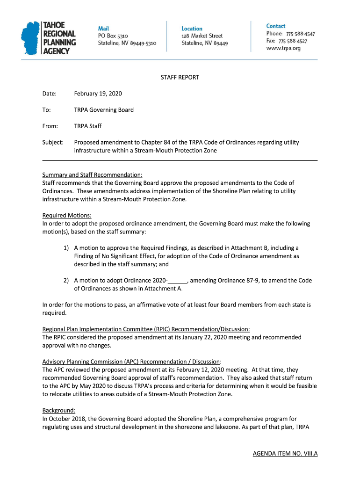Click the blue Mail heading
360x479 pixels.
pyautogui.click(x=103, y=28)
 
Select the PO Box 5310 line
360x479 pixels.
pyautogui.click(x=113, y=36)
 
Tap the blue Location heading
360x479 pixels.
pyautogui.click(x=192, y=29)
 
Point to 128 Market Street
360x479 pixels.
pyautogui.click(x=202, y=36)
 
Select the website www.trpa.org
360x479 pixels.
pyautogui.click(x=283, y=48)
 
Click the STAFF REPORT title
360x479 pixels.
pyautogui.click(x=180, y=77)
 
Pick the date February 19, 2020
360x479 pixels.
pyautogui.click(x=98, y=94)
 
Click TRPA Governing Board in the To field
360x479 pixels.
pyautogui.click(x=103, y=110)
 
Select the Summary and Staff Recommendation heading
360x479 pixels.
pyautogui.click(x=92, y=175)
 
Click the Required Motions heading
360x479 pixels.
pyautogui.click(x=67, y=215)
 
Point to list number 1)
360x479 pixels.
pyautogui.click(x=66, y=247)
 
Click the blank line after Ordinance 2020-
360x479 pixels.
pyautogui.click(x=178, y=280)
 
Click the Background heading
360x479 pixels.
pyautogui.click(x=58, y=410)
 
